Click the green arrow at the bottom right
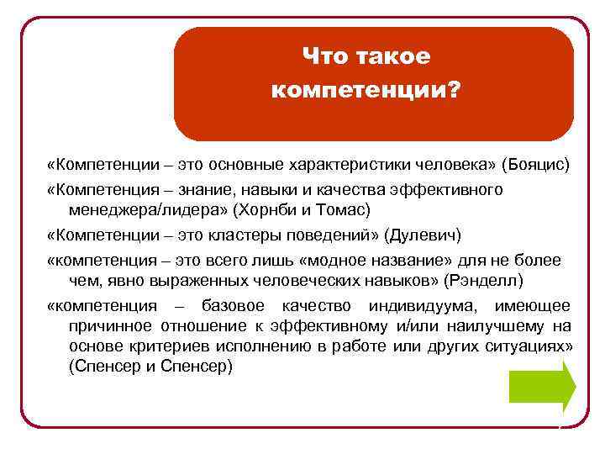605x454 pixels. point(542,387)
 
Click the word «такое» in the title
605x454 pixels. point(394,57)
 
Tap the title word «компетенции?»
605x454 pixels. point(366,88)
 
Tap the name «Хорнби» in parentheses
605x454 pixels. point(268,208)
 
